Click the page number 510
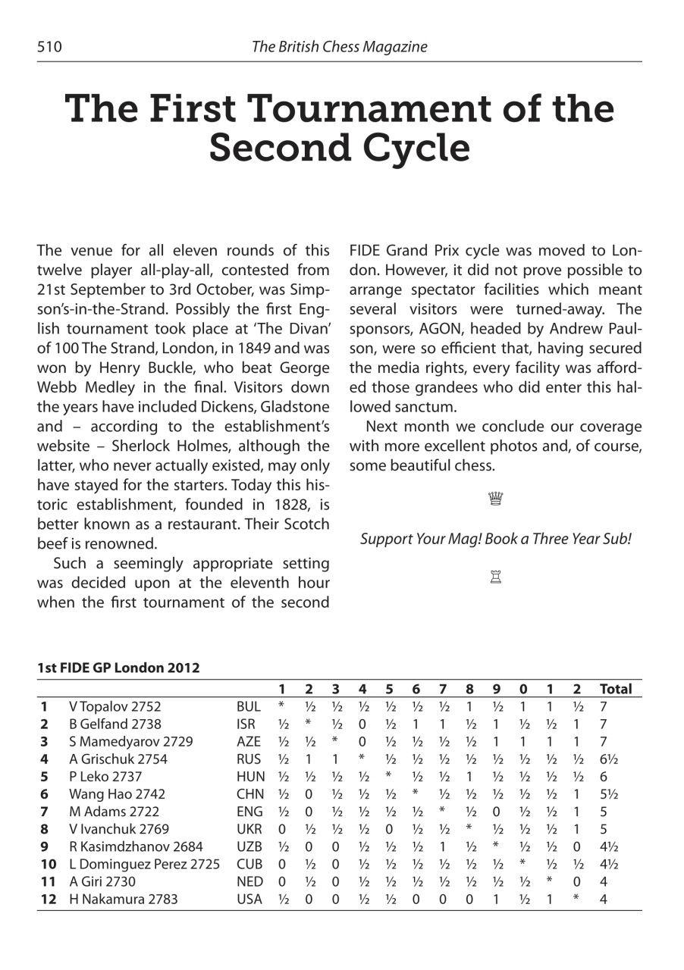50,47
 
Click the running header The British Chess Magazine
339,47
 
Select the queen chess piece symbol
495,499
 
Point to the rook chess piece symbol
495,577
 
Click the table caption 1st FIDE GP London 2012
118,668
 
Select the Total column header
615,689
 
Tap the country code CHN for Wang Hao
249,793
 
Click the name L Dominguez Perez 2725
144,863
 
